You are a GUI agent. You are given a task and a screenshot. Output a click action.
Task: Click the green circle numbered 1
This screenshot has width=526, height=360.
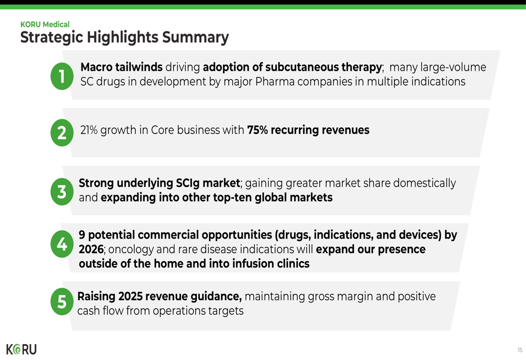pos(62,76)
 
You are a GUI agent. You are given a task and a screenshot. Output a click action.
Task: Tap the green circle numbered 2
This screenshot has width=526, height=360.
pos(62,133)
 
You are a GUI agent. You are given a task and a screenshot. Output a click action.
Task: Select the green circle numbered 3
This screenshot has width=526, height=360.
pos(62,192)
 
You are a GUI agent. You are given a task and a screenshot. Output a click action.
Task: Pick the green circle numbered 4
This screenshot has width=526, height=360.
pos(62,244)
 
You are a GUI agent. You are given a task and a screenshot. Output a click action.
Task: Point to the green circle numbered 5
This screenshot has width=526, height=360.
pos(62,302)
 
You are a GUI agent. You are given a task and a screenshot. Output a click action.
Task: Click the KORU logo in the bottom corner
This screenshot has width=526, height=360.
pos(22,349)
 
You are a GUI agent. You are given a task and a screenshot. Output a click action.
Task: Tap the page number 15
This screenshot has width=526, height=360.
pos(520,350)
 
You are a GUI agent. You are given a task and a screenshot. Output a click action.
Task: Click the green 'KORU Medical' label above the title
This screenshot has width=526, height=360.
pos(45,25)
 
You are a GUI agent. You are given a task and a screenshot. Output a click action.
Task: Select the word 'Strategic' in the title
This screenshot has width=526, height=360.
pos(52,37)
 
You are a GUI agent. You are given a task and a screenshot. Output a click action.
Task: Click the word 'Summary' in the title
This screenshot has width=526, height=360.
pos(195,37)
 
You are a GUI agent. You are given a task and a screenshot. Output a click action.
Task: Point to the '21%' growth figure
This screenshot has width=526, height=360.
pos(89,130)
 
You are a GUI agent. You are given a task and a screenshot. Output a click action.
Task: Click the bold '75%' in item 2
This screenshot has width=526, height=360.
pos(257,130)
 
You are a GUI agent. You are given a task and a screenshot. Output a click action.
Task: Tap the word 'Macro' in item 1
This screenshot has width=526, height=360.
pos(96,67)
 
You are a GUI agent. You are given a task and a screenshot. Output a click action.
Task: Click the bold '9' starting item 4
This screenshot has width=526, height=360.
pos(82,235)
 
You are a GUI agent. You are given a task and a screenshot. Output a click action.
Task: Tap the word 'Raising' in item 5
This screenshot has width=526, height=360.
pos(96,296)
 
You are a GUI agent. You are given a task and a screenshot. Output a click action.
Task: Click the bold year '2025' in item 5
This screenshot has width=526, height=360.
pos(130,296)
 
